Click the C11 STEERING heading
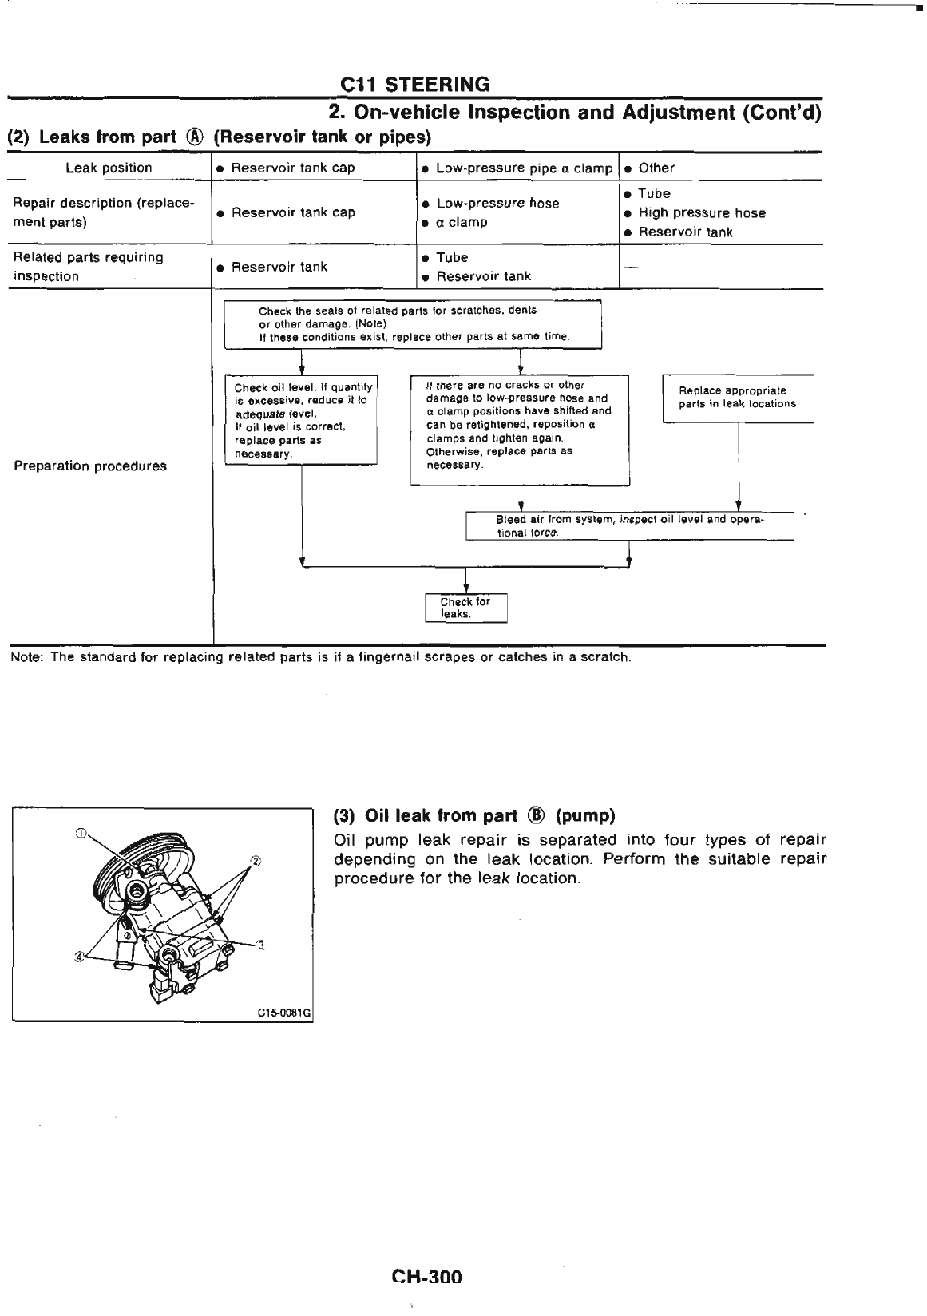click(x=414, y=84)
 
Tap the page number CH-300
click(x=426, y=1277)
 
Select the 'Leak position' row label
click(x=109, y=168)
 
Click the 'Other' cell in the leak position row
click(x=656, y=168)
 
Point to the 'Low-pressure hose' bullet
click(x=497, y=204)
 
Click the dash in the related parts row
click(x=631, y=267)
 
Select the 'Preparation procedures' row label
click(x=90, y=466)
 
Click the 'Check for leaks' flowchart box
click(x=465, y=608)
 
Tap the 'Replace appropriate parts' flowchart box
click(x=738, y=398)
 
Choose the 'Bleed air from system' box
click(x=629, y=526)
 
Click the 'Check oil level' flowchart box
click(x=301, y=420)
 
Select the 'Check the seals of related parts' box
click(x=412, y=323)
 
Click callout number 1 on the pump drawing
click(x=80, y=834)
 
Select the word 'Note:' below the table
click(x=26, y=657)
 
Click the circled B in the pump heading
click(x=537, y=816)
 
